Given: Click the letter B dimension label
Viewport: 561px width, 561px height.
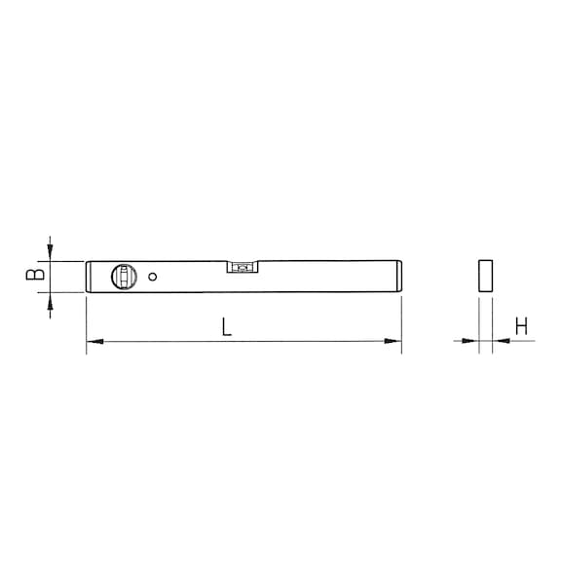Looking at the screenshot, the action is [x=35, y=274].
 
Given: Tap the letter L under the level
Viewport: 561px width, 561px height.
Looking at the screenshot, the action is [x=226, y=326].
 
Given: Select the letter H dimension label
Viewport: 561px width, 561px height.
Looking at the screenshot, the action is [x=521, y=326].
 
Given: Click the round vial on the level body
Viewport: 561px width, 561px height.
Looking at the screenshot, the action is [x=124, y=277].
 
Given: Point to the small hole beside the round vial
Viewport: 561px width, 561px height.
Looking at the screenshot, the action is [x=152, y=277].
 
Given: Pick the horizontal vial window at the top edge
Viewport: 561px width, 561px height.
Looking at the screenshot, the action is [x=243, y=267].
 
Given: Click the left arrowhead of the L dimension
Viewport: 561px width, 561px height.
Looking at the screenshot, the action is [x=95, y=341].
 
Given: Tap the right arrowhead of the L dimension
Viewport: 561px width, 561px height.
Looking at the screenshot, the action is [x=393, y=341].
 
